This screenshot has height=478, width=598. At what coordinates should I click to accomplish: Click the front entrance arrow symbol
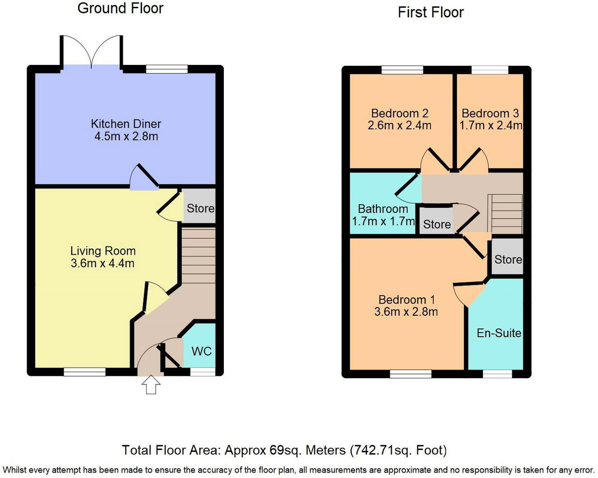[x=151, y=385]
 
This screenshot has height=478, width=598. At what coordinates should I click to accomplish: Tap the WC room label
[x=201, y=351]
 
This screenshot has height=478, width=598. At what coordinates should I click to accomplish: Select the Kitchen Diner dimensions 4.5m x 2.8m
[x=126, y=137]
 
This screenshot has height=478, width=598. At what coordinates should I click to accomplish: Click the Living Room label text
[x=103, y=251]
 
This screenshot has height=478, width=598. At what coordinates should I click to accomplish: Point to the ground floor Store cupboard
[x=200, y=208]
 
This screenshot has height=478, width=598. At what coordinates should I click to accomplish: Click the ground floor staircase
[x=198, y=256]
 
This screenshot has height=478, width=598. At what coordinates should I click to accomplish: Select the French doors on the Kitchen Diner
[x=91, y=52]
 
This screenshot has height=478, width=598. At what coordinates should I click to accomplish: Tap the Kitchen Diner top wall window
[x=167, y=69]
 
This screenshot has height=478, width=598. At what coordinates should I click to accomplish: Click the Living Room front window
[x=85, y=372]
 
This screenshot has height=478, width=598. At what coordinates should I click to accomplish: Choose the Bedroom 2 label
[x=399, y=113]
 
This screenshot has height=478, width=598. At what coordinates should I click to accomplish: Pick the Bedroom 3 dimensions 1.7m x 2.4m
[x=490, y=125]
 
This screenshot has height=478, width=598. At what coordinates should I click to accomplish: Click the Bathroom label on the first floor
[x=383, y=209]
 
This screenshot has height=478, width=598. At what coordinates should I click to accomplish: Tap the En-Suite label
[x=499, y=333]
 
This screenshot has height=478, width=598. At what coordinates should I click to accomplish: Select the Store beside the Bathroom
[x=437, y=224]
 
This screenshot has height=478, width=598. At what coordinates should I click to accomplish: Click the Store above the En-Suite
[x=508, y=260]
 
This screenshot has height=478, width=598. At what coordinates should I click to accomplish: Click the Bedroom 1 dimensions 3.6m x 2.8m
[x=406, y=312]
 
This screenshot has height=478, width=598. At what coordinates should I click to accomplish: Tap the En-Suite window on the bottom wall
[x=497, y=374]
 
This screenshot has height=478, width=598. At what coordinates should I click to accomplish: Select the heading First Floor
[x=430, y=13]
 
